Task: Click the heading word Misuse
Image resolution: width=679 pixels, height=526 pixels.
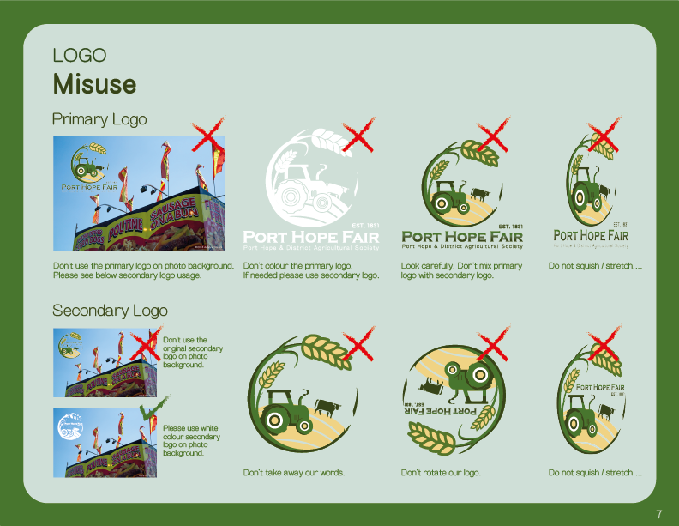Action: [x=94, y=84]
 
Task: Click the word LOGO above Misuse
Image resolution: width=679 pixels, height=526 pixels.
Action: [x=80, y=56]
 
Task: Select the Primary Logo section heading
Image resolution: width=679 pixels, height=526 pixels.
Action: [x=99, y=119]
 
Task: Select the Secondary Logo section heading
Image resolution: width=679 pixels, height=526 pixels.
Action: [x=110, y=310]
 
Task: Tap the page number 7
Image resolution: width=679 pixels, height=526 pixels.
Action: [x=659, y=514]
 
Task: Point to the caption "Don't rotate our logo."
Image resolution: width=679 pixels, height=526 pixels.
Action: [x=441, y=473]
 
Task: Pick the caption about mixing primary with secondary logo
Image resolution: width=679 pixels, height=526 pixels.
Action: [x=461, y=270]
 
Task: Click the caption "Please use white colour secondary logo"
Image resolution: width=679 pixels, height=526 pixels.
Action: [x=191, y=440]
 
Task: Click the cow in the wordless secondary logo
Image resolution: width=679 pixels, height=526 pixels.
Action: [x=327, y=405]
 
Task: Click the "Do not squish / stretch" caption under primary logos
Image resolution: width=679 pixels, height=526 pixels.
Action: [x=595, y=266]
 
